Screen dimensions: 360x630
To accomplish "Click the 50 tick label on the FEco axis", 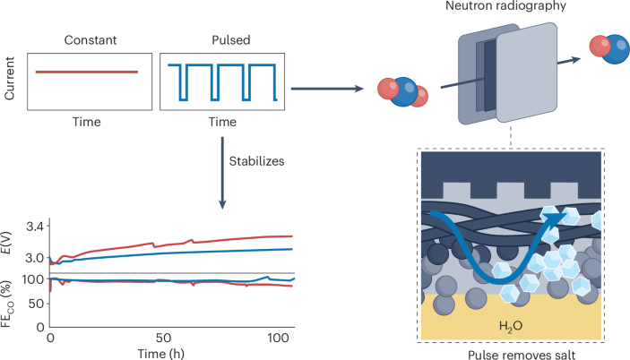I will coord(38,303).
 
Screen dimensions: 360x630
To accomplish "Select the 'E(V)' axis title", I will coord(10,244).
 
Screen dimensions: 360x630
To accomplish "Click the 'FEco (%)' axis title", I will coord(10,301).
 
